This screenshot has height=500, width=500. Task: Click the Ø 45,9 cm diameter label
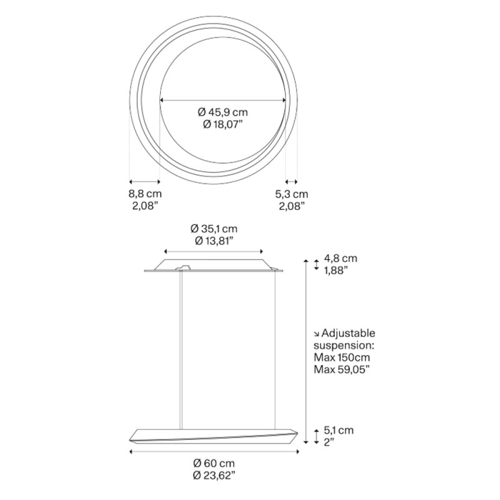click(x=223, y=112)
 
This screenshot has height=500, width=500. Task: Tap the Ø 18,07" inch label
click(x=223, y=124)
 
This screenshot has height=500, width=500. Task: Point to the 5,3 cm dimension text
click(x=291, y=194)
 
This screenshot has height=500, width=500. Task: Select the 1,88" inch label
click(x=335, y=270)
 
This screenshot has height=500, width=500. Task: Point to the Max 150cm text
click(x=341, y=357)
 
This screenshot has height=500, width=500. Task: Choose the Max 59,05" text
click(x=341, y=369)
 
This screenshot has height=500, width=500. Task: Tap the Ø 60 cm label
click(x=214, y=463)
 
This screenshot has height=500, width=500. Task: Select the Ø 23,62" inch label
click(x=214, y=476)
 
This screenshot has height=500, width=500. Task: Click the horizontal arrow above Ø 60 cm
click(x=214, y=451)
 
